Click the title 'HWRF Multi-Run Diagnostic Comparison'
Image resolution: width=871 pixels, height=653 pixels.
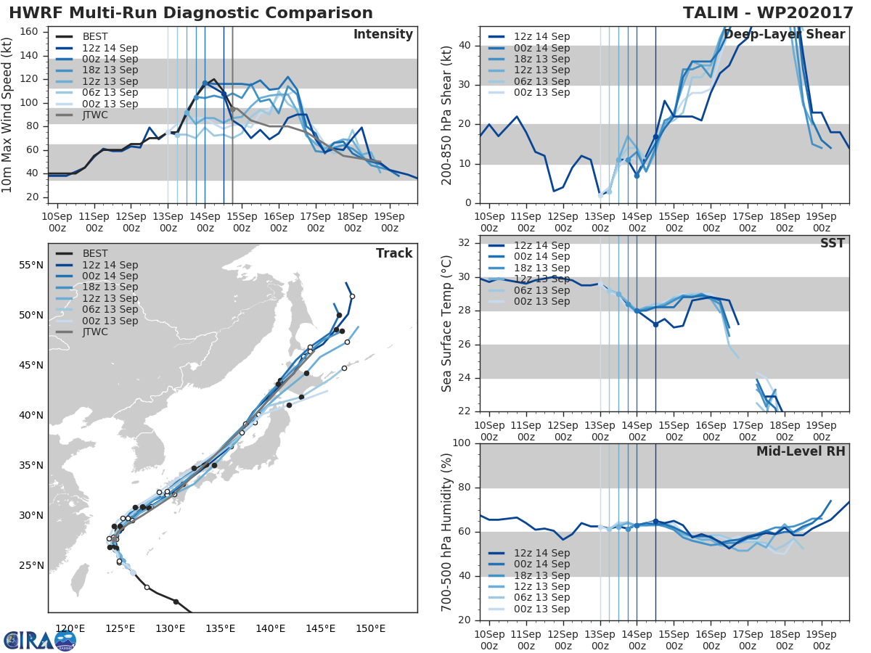click(191, 13)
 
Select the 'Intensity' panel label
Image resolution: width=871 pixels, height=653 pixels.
click(383, 35)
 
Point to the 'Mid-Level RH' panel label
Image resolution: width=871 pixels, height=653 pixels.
click(801, 451)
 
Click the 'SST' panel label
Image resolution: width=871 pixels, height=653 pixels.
click(833, 243)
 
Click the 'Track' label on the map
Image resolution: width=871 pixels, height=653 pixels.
click(394, 253)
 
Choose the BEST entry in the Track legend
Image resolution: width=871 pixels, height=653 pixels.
click(95, 253)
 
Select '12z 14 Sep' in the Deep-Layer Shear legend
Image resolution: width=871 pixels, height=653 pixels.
click(541, 36)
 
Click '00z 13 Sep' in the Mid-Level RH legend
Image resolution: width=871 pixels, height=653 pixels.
click(541, 609)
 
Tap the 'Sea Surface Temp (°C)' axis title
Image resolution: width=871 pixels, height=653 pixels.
click(447, 324)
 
